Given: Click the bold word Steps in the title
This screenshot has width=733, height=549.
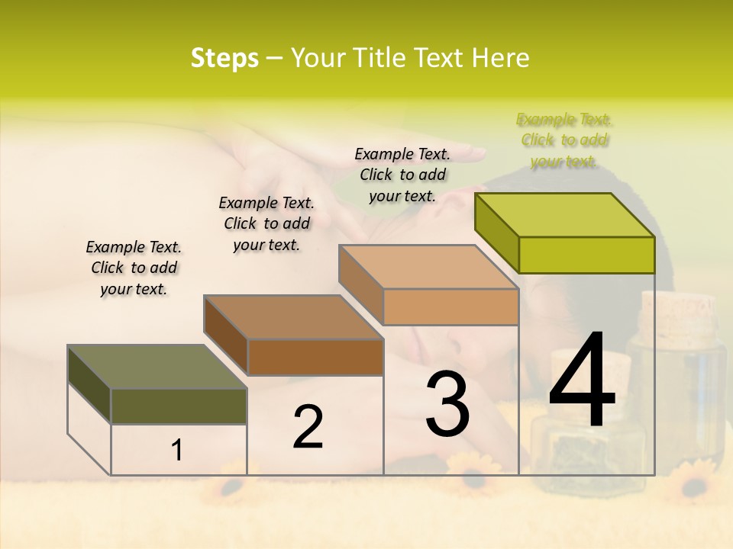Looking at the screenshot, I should (x=224, y=58).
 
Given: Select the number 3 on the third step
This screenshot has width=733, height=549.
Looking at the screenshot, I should (x=447, y=404).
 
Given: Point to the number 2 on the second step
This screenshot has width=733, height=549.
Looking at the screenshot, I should (x=308, y=427).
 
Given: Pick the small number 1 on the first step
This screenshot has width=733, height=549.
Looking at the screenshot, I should (x=177, y=451).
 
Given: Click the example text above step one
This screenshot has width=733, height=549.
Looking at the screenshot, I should (x=134, y=268).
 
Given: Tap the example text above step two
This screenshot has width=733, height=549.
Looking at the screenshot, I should (x=266, y=223).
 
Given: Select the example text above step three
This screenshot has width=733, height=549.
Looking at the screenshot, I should (x=402, y=175).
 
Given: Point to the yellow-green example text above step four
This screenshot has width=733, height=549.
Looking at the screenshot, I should (x=564, y=140).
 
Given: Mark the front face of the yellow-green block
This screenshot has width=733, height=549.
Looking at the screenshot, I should (x=586, y=255).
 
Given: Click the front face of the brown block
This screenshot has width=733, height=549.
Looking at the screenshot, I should (x=315, y=357).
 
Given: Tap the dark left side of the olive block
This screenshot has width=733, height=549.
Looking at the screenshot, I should (x=89, y=385).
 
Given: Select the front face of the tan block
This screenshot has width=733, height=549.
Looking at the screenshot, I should (x=450, y=307).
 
